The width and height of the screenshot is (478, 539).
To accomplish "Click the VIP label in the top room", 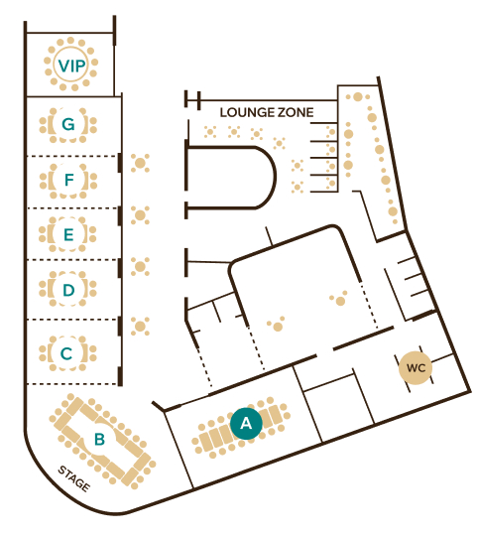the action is (x=71, y=66).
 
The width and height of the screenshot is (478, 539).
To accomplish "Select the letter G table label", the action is (x=68, y=124).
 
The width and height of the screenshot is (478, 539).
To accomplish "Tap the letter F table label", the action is (x=69, y=180).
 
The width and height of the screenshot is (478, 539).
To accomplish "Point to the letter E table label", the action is (x=68, y=234).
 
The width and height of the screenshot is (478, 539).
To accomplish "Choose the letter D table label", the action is (x=68, y=290).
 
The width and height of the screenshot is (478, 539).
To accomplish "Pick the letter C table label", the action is (x=66, y=353).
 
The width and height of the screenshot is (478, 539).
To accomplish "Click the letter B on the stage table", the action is (x=99, y=439).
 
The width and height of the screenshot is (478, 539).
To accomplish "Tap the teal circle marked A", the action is (x=246, y=424).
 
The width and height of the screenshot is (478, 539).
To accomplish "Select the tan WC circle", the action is (x=416, y=368).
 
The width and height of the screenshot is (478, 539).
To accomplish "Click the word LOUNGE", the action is (x=245, y=112).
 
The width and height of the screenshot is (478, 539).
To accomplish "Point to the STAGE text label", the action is (x=74, y=478).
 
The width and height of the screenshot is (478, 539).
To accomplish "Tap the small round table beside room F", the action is (x=140, y=163).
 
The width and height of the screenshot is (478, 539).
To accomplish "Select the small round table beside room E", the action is (x=140, y=215).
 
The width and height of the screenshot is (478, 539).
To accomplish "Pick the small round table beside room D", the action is (x=140, y=266).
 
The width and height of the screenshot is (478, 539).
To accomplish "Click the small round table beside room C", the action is (x=140, y=327).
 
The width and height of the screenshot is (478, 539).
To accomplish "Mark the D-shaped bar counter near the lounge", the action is (x=275, y=177).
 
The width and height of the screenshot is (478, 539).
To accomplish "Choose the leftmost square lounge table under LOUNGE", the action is (x=210, y=132).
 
